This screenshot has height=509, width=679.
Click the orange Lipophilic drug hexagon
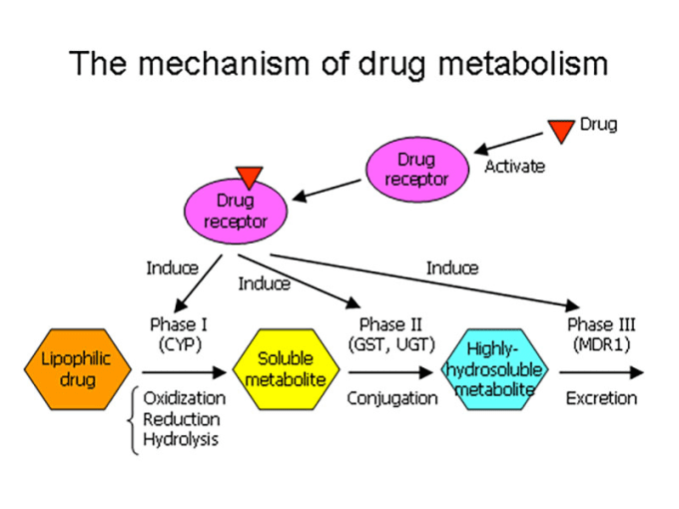pos(78,369)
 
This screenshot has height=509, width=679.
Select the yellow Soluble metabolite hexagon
pos(286,369)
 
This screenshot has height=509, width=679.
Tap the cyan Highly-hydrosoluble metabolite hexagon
pos(494,369)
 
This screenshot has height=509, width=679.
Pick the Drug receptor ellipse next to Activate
pos(417,170)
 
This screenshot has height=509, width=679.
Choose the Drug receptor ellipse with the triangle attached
pos(236,211)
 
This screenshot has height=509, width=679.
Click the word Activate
pos(514,167)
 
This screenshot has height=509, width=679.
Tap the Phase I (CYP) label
pos(179,334)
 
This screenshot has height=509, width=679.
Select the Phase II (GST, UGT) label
pos(391,334)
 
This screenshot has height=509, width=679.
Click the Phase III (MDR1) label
pos(601,334)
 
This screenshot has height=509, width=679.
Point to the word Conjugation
pos(392,398)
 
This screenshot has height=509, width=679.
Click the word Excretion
pos(601,398)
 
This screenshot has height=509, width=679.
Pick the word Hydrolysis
pos(181,440)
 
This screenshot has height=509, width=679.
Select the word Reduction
pos(182,419)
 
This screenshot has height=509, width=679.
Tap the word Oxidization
pos(185,398)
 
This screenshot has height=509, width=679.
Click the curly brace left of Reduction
pos(133,420)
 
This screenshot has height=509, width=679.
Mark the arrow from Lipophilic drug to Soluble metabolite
pos(184,372)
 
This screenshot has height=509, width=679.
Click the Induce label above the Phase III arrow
pos(452,267)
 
